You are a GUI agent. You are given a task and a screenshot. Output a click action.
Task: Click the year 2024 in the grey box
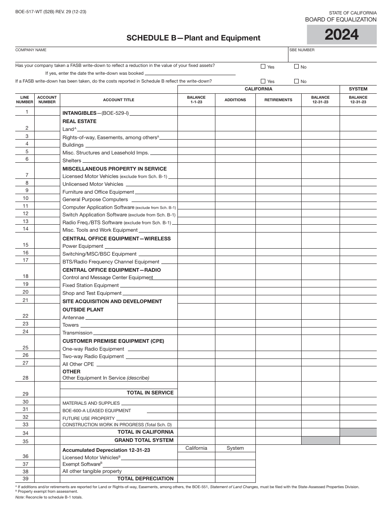pos(342,35)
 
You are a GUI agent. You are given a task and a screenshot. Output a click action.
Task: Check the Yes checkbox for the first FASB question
pos(263,66)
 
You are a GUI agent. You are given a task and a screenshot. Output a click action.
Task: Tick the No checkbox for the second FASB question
pos(296,81)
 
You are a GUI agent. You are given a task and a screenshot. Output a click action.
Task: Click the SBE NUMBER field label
pos(302,50)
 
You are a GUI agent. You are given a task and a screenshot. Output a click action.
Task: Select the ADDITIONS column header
pos(235,100)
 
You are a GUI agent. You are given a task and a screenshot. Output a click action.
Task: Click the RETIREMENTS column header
pos(278,100)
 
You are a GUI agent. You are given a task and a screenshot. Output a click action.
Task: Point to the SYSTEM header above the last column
pos(358,89)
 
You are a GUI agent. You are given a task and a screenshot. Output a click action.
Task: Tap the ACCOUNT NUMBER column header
pos(47,100)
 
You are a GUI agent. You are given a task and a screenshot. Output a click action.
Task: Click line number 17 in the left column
pos(26,260)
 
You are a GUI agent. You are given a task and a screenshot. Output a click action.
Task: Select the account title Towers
pos(71,325)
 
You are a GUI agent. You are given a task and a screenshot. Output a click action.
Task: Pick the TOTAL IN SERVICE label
pos(150,393)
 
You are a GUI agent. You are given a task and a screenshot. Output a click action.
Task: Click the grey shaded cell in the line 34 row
pos(358,432)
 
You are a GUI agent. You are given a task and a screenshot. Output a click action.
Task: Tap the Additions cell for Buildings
pos(235,145)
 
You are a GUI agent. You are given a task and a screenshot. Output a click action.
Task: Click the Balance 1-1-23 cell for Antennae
pos(196,317)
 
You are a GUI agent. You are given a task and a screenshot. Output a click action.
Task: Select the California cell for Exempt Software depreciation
pos(196,463)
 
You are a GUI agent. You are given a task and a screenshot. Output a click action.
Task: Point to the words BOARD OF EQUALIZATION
pos(340,19)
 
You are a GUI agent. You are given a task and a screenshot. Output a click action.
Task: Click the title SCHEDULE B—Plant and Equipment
pos(193,38)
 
